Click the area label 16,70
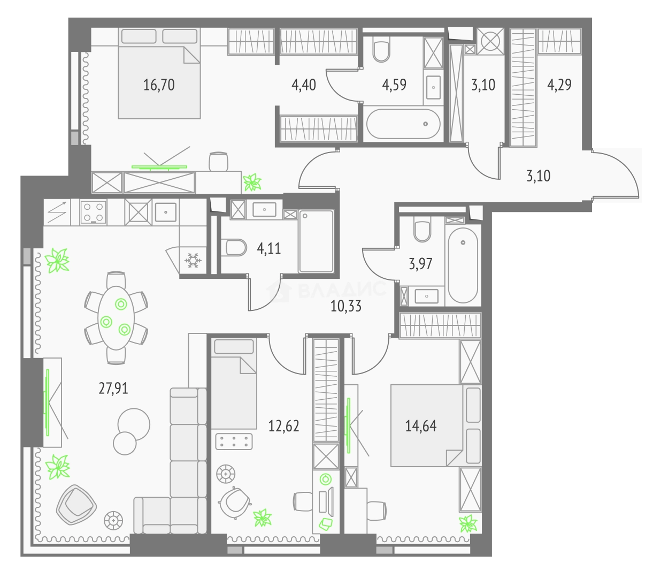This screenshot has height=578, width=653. (x=159, y=85)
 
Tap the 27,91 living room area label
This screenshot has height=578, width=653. (x=113, y=389)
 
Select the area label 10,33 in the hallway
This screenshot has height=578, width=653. (x=346, y=306)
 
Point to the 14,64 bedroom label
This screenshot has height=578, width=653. (x=420, y=426)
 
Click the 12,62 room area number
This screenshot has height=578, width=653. (x=283, y=426)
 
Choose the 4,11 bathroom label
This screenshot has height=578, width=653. (x=269, y=249)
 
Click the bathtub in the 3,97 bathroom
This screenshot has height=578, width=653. (x=463, y=265)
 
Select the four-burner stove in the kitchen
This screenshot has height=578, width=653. (x=93, y=212)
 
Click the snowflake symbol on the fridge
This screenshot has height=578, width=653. (x=193, y=260)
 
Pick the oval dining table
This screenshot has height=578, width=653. (x=116, y=318)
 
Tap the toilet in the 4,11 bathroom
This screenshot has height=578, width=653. (x=236, y=247)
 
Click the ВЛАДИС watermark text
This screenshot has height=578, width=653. (x=342, y=290)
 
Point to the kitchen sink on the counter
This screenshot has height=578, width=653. (x=166, y=212)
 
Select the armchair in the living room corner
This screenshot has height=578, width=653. (x=76, y=505)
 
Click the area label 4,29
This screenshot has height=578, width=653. (x=559, y=85)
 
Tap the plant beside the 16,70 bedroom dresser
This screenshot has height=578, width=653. (x=252, y=182)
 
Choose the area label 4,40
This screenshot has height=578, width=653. (x=304, y=85)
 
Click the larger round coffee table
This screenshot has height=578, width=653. (x=134, y=424)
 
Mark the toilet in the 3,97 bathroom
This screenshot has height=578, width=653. (x=422, y=230)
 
